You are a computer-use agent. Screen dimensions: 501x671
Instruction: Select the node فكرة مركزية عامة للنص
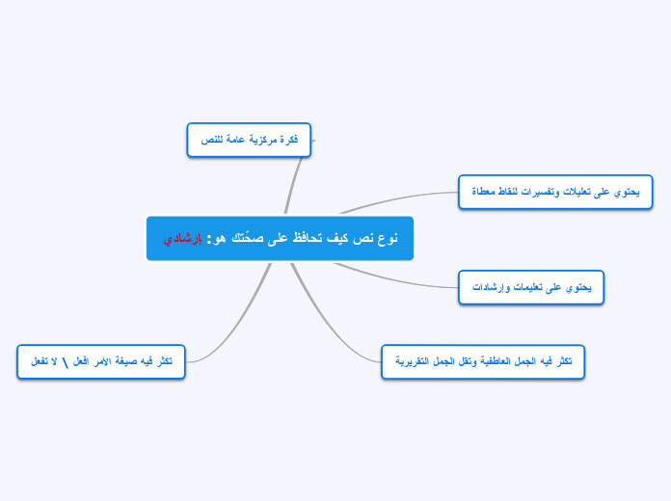tap(249, 140)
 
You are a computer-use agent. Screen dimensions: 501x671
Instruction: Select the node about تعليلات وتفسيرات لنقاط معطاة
tap(555, 192)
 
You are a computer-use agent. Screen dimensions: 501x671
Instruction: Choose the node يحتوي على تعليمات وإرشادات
tap(531, 287)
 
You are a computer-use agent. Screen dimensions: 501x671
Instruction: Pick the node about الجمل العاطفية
tap(483, 361)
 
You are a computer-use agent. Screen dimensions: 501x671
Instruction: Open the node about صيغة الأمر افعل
tap(101, 361)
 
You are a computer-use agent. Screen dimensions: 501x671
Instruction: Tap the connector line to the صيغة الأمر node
tap(236, 328)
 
